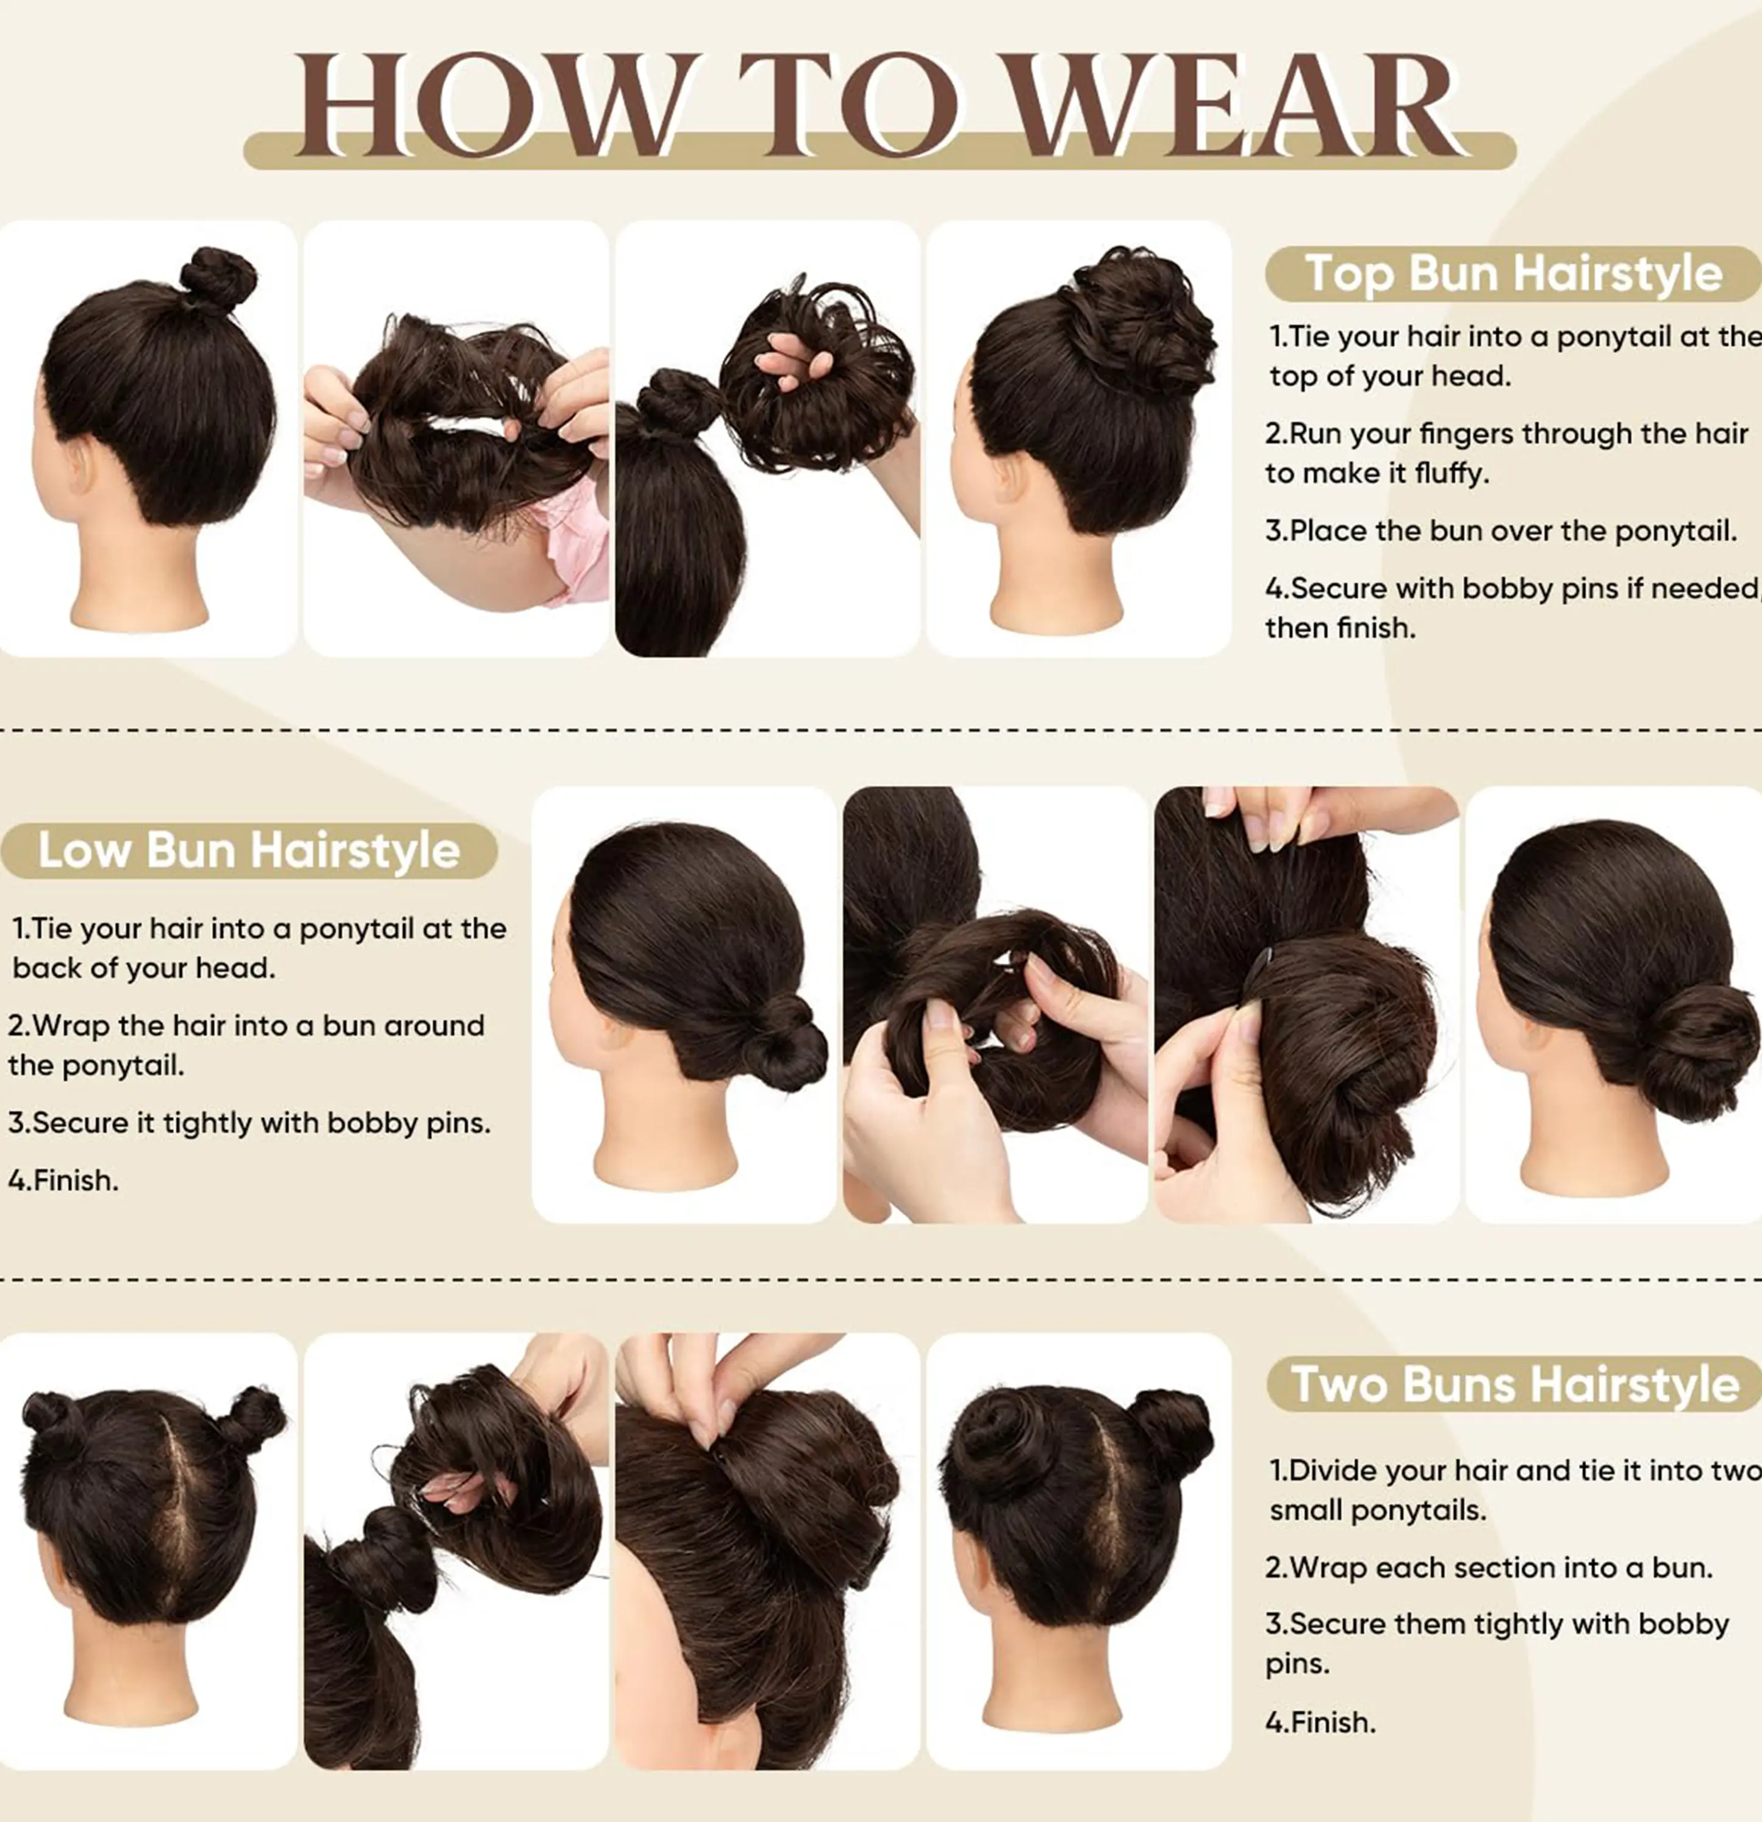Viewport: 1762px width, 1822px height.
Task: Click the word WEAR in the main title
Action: pyautogui.click(x=1234, y=104)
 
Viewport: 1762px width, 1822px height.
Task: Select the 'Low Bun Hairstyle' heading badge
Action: pyautogui.click(x=249, y=849)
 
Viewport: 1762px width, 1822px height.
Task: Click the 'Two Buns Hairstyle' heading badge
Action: pyautogui.click(x=1514, y=1384)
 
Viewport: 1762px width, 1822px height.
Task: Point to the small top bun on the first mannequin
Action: pyautogui.click(x=218, y=278)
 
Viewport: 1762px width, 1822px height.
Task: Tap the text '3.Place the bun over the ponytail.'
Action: pyautogui.click(x=1501, y=531)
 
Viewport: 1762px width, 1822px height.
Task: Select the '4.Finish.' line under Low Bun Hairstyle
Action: pyautogui.click(x=63, y=1181)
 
